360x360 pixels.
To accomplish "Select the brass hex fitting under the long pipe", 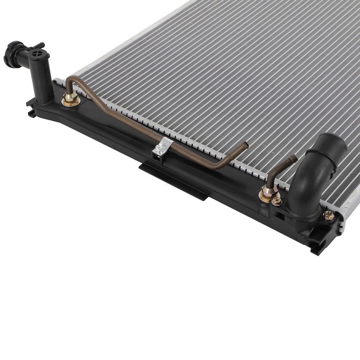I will [x=70, y=99].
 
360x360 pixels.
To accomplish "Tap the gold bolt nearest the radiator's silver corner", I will [x=328, y=215].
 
